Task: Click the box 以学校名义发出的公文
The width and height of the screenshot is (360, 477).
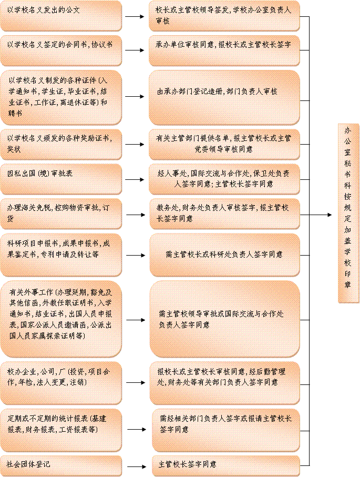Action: pyautogui.click(x=61, y=16)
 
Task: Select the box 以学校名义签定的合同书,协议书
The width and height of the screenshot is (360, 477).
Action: pyautogui.click(x=61, y=50)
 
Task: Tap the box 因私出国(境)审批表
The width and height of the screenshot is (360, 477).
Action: pyautogui.click(x=61, y=179)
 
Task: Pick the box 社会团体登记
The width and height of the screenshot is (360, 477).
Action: pyautogui.click(x=61, y=466)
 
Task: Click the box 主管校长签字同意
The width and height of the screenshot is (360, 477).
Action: pyautogui.click(x=226, y=466)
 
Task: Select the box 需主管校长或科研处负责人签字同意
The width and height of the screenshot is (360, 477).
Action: pyautogui.click(x=225, y=255)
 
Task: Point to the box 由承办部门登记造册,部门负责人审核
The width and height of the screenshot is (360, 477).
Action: pyautogui.click(x=224, y=97)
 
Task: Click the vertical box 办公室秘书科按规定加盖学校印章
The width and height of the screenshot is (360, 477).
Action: pyautogui.click(x=348, y=213)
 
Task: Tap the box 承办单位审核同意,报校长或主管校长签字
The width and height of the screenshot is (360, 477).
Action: pyautogui.click(x=224, y=50)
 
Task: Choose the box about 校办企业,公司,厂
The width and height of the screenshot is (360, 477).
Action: pyautogui.click(x=61, y=383)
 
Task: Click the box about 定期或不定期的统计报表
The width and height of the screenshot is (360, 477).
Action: pyautogui.click(x=61, y=430)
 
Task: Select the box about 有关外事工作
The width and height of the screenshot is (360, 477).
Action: pyautogui.click(x=61, y=319)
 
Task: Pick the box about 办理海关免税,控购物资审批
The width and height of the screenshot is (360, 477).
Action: pyautogui.click(x=61, y=214)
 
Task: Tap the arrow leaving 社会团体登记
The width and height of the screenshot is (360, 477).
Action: pyautogui.click(x=137, y=466)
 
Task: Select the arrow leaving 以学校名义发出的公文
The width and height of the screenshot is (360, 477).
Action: pyautogui.click(x=135, y=16)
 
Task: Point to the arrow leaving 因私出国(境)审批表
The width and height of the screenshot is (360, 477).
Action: pyautogui.click(x=135, y=179)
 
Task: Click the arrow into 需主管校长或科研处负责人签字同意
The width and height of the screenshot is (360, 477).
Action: pyautogui.click(x=136, y=255)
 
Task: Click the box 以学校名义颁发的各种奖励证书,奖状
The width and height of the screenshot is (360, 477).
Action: pyautogui.click(x=61, y=145)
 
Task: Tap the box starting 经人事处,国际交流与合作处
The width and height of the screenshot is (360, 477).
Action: pyautogui.click(x=224, y=179)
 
